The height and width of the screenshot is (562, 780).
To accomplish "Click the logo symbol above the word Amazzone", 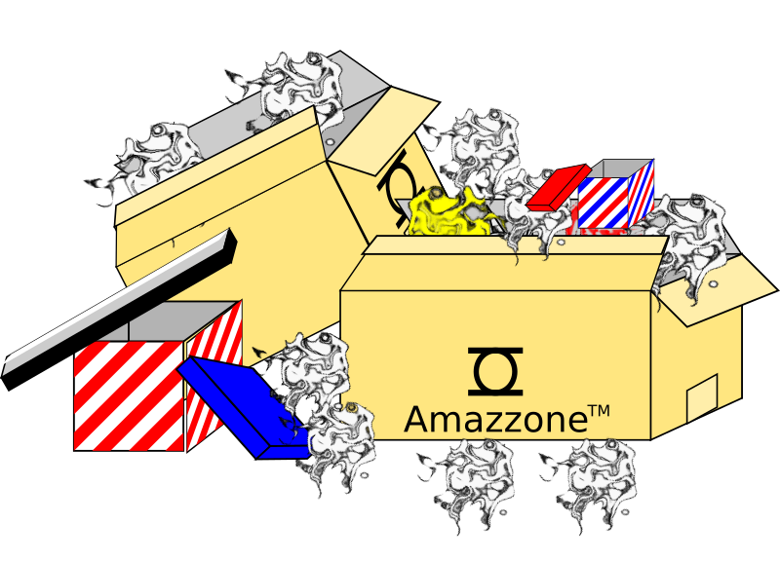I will point(494,371).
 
